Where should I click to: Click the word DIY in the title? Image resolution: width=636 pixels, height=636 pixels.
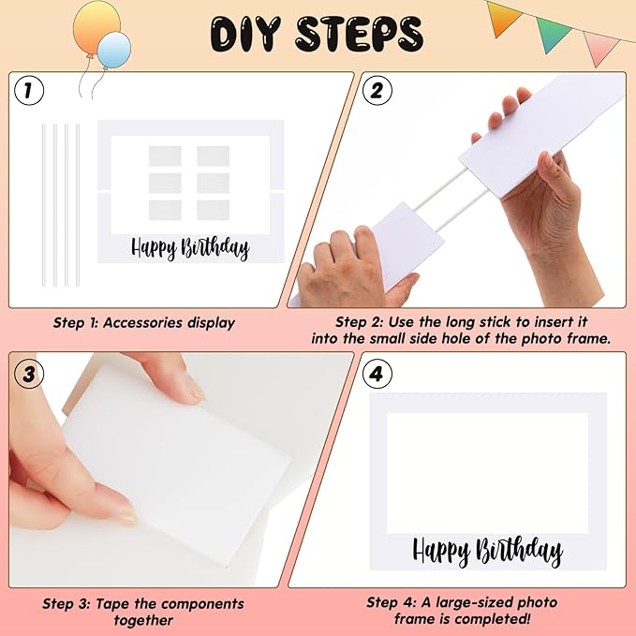tap(247, 34)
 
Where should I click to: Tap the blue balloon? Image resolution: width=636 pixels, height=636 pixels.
tap(114, 50)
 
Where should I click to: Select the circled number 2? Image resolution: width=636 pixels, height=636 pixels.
tap(377, 91)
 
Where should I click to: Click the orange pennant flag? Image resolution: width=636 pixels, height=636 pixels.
tap(504, 14)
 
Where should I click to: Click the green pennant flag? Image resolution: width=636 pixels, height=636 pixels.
tap(554, 34)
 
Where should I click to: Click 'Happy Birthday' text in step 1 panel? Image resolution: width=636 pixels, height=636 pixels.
tap(190, 247)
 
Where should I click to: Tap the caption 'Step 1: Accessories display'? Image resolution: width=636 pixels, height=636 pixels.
tap(143, 323)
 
